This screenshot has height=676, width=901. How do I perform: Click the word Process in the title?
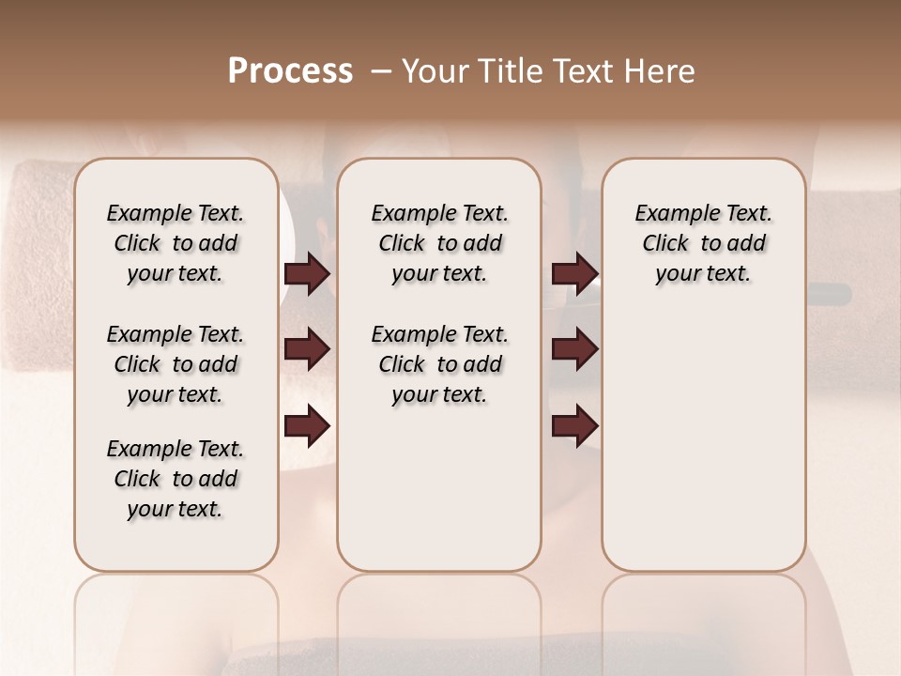tap(290, 71)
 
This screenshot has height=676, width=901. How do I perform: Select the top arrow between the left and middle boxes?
tap(307, 274)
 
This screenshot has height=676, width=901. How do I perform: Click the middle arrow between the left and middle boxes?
tap(307, 350)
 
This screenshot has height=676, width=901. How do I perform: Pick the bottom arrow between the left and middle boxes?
tap(307, 427)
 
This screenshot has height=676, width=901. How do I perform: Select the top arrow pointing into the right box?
tap(574, 274)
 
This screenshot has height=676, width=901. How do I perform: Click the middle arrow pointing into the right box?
tap(574, 350)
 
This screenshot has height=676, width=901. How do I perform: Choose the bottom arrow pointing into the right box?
tap(574, 427)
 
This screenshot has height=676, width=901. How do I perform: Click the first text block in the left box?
tap(176, 243)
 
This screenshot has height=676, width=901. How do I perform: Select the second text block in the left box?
tap(176, 364)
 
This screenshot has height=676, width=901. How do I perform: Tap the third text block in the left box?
tap(176, 479)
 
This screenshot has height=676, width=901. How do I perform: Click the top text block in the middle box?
tap(439, 243)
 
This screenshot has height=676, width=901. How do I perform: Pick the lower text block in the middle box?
tap(439, 364)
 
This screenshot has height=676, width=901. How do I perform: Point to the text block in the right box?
tap(703, 243)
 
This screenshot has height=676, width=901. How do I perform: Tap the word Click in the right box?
tap(665, 244)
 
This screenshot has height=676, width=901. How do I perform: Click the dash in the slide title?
tap(382, 71)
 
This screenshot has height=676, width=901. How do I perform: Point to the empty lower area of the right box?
tap(703, 441)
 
